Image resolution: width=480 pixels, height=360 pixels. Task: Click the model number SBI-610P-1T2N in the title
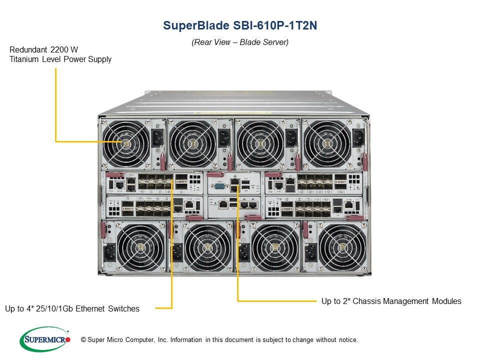tap(275, 25)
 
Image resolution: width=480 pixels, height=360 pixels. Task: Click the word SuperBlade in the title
tap(196, 25)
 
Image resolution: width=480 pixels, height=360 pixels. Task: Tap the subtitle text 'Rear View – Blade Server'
tap(240, 42)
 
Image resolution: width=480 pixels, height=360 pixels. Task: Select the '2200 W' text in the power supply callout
tap(64, 49)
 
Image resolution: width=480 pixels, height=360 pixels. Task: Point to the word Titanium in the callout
tap(24, 59)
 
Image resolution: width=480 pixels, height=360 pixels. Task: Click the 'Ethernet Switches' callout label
tap(107, 308)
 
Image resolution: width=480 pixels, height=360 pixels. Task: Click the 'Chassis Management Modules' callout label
tap(407, 301)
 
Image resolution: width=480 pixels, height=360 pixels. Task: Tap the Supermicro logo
tap(45, 339)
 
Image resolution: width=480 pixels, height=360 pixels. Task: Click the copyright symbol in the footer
tap(83, 340)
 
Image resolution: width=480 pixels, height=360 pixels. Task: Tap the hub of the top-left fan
tap(126, 143)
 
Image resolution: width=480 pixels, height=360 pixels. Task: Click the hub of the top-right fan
tap(327, 143)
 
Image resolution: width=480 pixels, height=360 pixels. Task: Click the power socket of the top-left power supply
tap(158, 138)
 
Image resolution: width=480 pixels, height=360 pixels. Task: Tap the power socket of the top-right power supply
tap(358, 138)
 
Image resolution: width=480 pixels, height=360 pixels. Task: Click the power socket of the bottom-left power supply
tap(110, 253)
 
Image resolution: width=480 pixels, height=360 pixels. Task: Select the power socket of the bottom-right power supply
tap(310, 253)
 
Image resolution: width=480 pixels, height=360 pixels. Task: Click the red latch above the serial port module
tap(215, 174)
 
